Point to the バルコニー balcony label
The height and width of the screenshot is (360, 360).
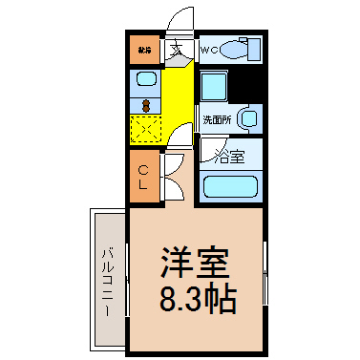108,283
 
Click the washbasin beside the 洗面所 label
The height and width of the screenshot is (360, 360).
248,119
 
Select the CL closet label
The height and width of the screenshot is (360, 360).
142,178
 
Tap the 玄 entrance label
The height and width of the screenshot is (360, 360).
178,50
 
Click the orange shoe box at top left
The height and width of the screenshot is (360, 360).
143,50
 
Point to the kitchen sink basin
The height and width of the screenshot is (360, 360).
144,79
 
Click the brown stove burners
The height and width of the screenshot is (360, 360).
145,104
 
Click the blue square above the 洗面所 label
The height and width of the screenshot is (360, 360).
214,88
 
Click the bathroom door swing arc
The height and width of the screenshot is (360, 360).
208,150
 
